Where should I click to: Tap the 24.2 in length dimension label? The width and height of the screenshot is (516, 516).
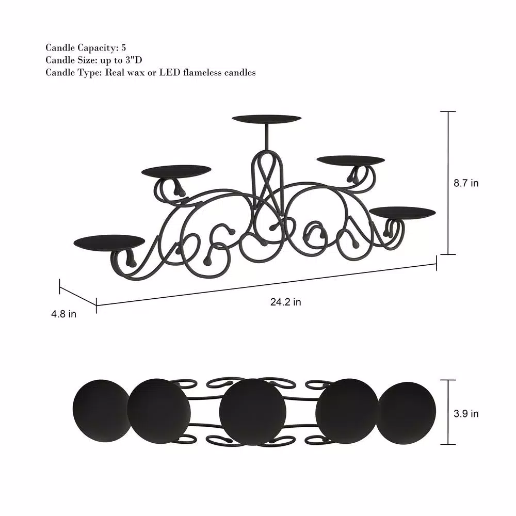click(x=285, y=302)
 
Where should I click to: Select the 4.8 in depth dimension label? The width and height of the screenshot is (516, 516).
click(x=64, y=314)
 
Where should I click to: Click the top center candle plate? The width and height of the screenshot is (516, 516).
click(x=266, y=119)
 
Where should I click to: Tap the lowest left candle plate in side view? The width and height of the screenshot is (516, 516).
click(x=109, y=241)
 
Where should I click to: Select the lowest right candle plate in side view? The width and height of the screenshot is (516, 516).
click(x=402, y=212)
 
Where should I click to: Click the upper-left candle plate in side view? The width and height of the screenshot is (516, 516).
click(x=176, y=170)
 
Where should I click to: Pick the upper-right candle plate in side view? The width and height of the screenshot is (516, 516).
click(x=350, y=160)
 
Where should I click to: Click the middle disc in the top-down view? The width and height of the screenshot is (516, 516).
click(x=252, y=412)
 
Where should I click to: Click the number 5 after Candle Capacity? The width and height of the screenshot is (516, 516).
click(x=123, y=48)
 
